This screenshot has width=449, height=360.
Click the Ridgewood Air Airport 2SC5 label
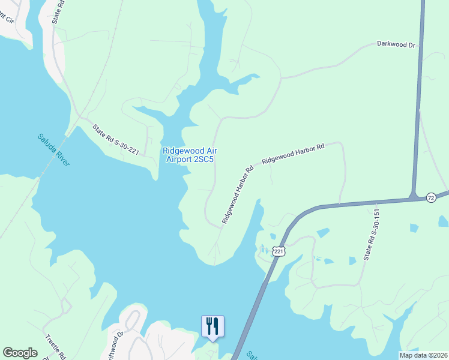tap(188, 155)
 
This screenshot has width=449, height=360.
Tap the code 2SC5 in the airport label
tap(203, 160)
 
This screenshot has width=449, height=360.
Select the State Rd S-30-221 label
tap(116, 140)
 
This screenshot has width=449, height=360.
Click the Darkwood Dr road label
tap(396, 44)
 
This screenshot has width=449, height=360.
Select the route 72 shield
tap(430, 197)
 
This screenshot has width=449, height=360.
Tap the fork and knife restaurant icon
tap(212, 326)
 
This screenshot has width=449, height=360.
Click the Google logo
tap(20, 352)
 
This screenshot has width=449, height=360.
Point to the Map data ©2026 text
tap(424, 355)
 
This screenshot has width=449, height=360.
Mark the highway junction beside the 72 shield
tap(414, 196)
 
